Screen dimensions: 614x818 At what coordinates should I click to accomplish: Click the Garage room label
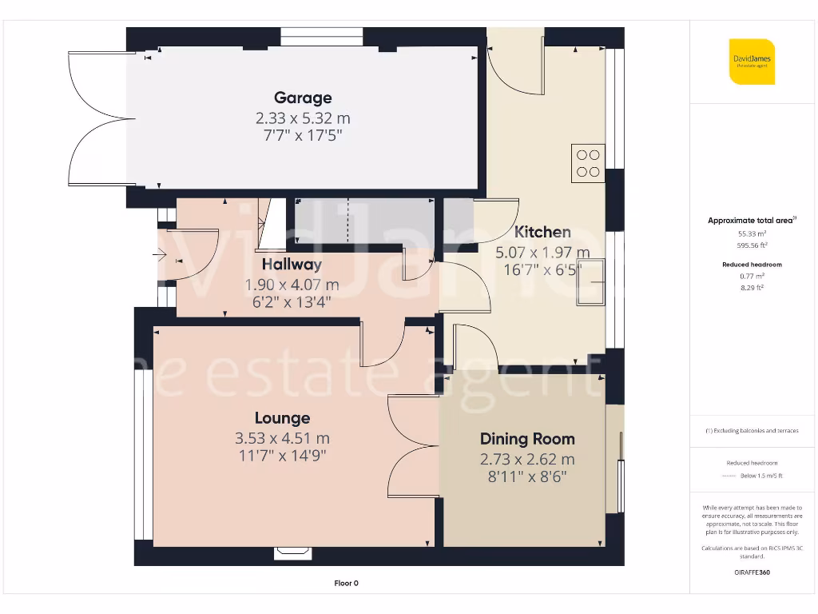pyautogui.click(x=303, y=98)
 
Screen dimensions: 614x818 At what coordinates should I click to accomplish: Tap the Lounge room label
pyautogui.click(x=282, y=417)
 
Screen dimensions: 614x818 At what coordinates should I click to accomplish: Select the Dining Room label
pyautogui.click(x=527, y=438)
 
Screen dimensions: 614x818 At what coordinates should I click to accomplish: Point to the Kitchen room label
pyautogui.click(x=542, y=232)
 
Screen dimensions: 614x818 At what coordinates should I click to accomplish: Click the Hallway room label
pyautogui.click(x=292, y=264)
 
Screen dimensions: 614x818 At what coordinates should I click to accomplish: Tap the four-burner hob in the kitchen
pyautogui.click(x=588, y=163)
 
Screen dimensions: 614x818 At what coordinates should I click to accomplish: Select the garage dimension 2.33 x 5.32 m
pyautogui.click(x=303, y=118)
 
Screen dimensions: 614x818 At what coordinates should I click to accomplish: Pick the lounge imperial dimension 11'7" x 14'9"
pyautogui.click(x=282, y=457)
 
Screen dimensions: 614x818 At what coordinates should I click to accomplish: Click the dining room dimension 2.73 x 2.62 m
pyautogui.click(x=527, y=460)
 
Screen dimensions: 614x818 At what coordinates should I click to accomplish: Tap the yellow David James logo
pyautogui.click(x=752, y=62)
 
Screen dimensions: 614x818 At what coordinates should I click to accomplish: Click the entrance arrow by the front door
pyautogui.click(x=158, y=256)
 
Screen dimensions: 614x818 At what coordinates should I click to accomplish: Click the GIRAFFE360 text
pyautogui.click(x=752, y=572)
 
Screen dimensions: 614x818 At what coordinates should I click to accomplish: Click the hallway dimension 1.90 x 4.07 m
pyautogui.click(x=292, y=285)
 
